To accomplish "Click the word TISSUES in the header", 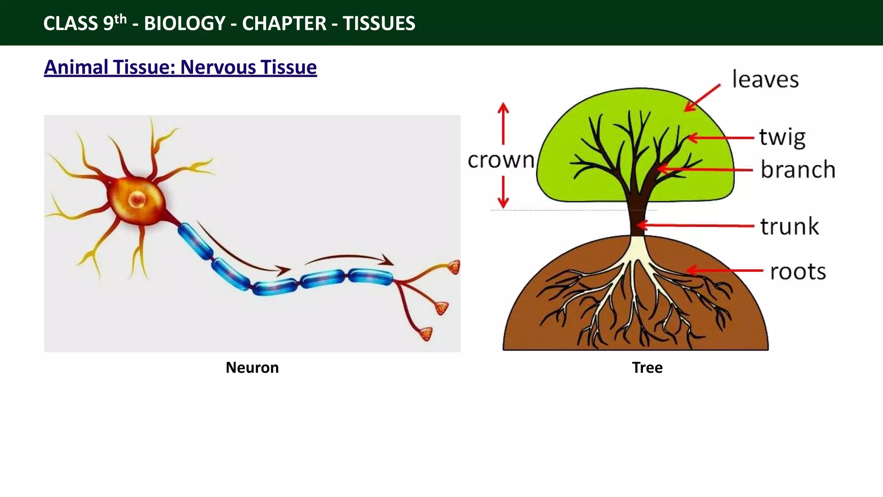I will click(x=379, y=23).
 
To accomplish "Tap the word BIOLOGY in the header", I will click(x=185, y=23).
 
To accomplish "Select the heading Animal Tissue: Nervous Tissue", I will click(x=180, y=67).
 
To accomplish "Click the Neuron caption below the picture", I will click(x=252, y=368).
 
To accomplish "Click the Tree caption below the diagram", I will click(x=647, y=368).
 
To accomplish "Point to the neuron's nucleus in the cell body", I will click(x=137, y=200).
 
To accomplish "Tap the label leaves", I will click(x=765, y=80).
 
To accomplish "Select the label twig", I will click(x=782, y=137).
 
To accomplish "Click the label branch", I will click(x=798, y=169).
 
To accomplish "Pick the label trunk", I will click(x=789, y=226).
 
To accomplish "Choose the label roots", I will click(x=798, y=272).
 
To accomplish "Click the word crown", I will click(x=501, y=160).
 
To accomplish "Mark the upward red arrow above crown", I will click(x=503, y=123).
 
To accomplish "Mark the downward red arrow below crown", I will click(x=503, y=192).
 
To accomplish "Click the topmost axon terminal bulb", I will click(x=454, y=267).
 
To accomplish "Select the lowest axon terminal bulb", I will click(x=426, y=333).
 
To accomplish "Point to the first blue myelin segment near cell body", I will click(x=195, y=241).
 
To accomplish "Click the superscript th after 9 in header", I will click(x=120, y=19).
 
